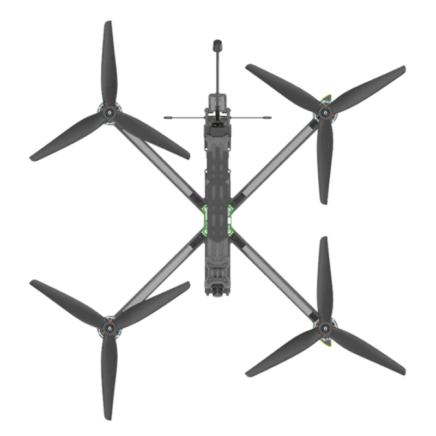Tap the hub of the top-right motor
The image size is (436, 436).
click(325, 113)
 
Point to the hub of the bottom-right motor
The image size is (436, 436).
click(325, 328)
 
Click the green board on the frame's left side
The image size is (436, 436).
click(205, 220)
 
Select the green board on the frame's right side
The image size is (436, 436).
click(230, 220)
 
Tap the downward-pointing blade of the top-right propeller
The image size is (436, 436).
click(324, 163)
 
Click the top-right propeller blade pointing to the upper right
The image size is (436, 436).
click(371, 87)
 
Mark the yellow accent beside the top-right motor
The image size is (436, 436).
click(327, 99)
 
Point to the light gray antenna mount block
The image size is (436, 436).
click(217, 101)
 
